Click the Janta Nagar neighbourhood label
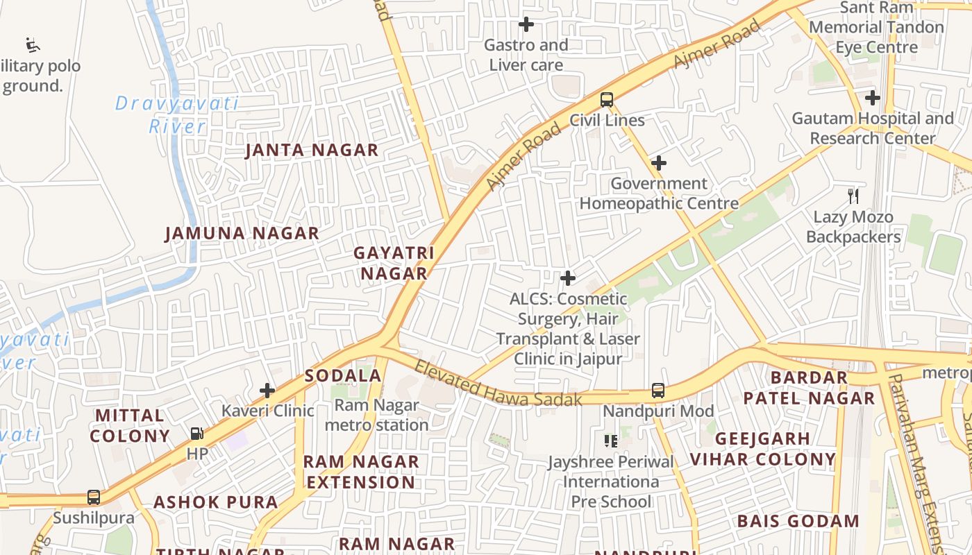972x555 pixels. click(312, 151)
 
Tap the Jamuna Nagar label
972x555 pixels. click(242, 234)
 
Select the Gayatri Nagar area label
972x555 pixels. click(394, 263)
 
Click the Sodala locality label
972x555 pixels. click(343, 376)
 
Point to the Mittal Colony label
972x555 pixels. click(130, 425)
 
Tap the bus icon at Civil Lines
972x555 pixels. click(607, 100)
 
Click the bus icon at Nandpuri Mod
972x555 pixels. click(658, 391)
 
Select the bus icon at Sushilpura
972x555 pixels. click(93, 497)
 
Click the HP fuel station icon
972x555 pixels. click(197, 434)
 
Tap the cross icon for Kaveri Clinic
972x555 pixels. click(267, 391)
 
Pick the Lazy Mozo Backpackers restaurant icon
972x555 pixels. click(853, 196)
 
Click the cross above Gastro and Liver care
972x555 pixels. click(526, 25)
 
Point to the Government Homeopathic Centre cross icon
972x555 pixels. click(659, 164)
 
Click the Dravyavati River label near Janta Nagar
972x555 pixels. click(177, 115)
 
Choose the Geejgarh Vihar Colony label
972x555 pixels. click(762, 449)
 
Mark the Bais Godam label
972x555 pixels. click(798, 521)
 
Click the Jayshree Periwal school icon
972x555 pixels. click(611, 441)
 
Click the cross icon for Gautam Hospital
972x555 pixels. click(873, 98)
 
